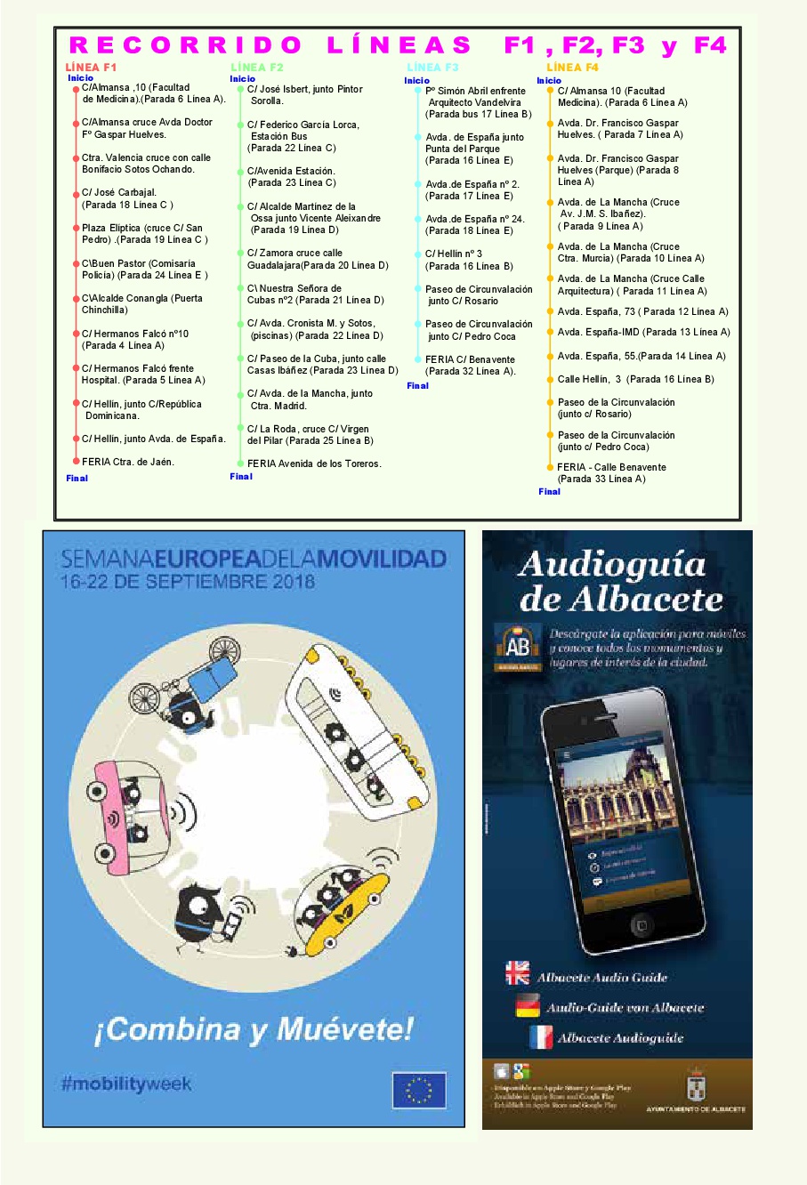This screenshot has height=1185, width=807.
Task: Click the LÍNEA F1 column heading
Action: [91, 68]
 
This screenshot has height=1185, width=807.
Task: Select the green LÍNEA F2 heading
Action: [257, 68]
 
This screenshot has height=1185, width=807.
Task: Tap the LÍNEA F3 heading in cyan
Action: [432, 68]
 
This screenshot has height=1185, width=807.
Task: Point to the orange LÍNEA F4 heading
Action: [572, 68]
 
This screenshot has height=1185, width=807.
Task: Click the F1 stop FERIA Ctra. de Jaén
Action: [128, 462]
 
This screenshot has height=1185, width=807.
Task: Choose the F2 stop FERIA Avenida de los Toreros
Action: [314, 464]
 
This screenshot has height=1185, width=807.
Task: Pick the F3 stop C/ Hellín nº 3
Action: [454, 254]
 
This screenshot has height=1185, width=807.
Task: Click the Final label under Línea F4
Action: [550, 491]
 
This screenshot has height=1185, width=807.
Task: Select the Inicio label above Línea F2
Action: [242, 79]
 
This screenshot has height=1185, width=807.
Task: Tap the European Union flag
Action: [419, 1090]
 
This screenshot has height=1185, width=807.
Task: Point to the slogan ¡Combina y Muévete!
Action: [254, 1029]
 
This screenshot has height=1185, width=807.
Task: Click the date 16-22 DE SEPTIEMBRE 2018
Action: [188, 582]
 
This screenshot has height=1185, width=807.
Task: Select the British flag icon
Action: [517, 973]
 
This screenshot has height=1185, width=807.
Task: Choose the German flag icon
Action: [528, 1006]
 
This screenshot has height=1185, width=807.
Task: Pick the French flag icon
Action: [541, 1036]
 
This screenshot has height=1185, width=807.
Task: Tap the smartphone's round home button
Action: [641, 925]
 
